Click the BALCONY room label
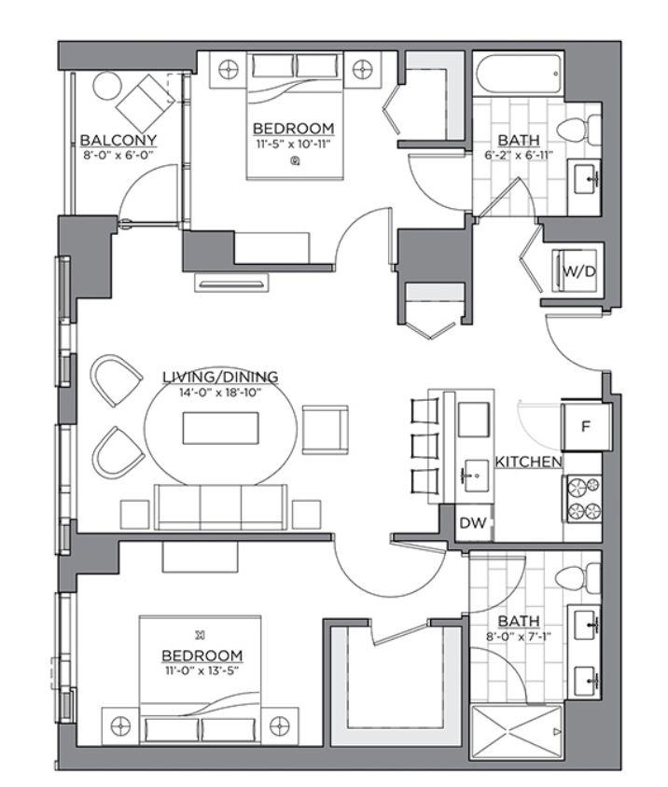coord(118,140)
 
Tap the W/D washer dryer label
coord(579,271)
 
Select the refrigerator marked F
coord(585,427)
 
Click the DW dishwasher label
coord(473,523)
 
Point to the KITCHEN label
coord(528,462)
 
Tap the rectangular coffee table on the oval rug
coord(220,428)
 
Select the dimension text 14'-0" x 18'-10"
coord(220,392)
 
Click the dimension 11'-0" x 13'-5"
coord(201,670)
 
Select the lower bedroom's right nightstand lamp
coord(279,725)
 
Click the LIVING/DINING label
coord(220,377)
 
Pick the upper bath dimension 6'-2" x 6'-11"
coord(519,155)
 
